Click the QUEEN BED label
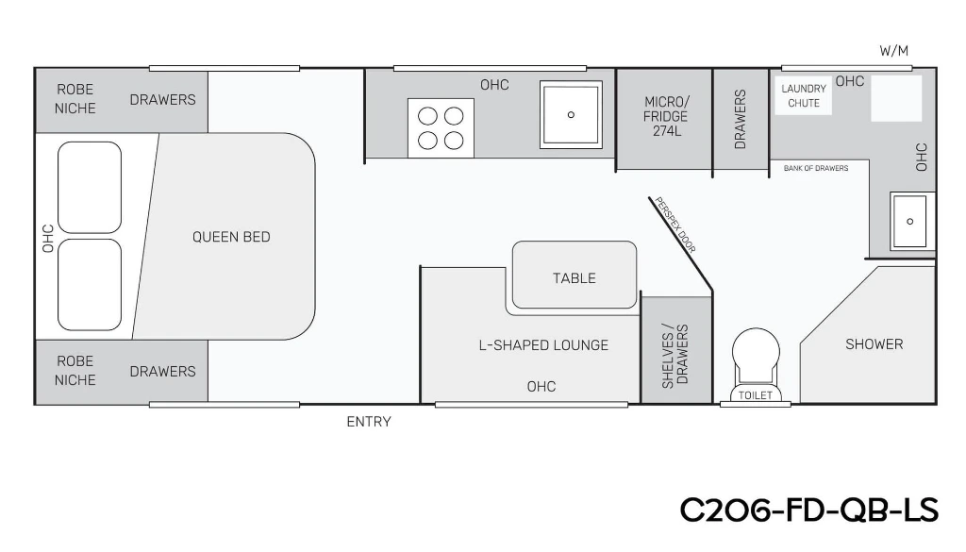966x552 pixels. tap(231, 237)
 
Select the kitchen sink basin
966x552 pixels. tap(571, 114)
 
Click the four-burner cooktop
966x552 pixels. tap(441, 128)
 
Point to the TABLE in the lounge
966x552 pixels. tap(575, 275)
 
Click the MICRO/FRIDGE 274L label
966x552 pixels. tap(666, 116)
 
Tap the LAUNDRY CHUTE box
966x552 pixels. tap(804, 96)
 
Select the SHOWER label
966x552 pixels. tap(874, 343)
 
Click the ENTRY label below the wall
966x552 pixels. tap(369, 422)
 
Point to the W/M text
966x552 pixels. tap(893, 51)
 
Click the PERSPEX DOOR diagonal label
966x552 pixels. tap(675, 225)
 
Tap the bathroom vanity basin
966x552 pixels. tap(910, 221)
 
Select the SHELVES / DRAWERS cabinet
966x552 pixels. tap(676, 350)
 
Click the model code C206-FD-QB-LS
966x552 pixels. tap(808, 510)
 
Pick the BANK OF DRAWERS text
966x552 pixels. tap(816, 168)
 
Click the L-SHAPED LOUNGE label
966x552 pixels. tap(543, 345)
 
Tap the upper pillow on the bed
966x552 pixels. tap(90, 187)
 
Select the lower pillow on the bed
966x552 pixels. tap(90, 285)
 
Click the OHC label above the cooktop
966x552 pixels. tap(494, 84)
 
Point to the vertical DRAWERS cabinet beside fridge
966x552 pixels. tap(741, 120)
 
